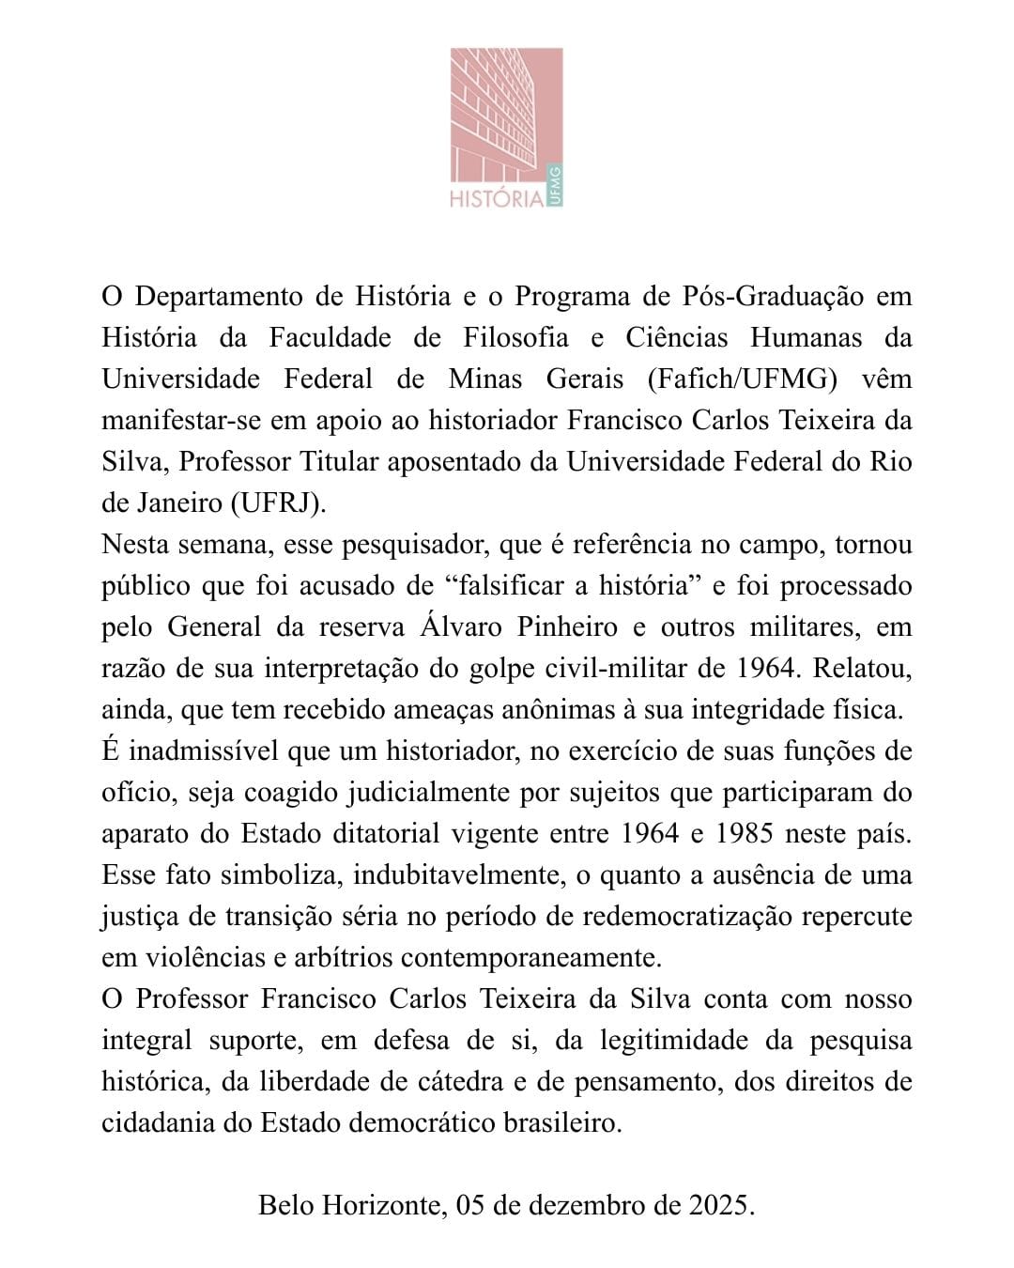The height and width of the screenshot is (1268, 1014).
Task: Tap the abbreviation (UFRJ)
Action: pos(278,503)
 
